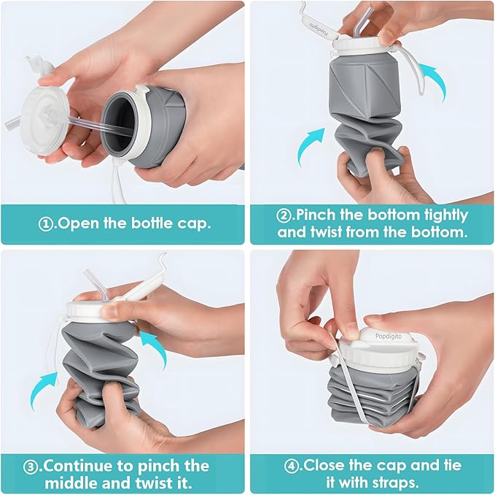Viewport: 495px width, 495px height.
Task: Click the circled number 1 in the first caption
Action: [45, 223]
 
